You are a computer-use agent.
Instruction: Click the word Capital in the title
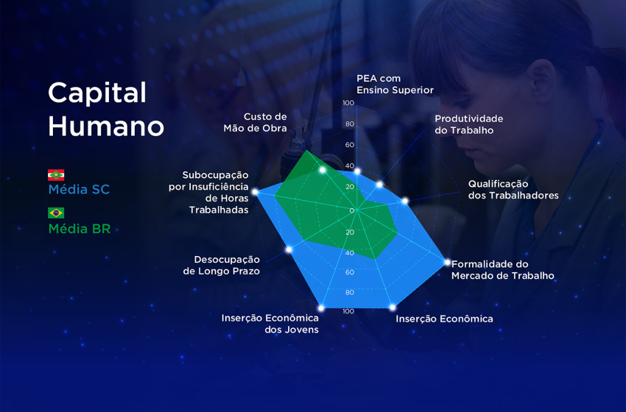tap(97, 93)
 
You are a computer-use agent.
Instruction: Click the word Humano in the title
tap(106, 126)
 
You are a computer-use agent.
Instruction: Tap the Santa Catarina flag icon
tap(56, 175)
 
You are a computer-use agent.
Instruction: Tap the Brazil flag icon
tap(56, 213)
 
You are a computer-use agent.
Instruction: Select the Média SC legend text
tap(79, 190)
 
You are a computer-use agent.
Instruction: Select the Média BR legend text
tap(80, 229)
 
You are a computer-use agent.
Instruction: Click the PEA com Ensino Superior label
tap(395, 84)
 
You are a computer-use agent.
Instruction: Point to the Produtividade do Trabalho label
tap(468, 124)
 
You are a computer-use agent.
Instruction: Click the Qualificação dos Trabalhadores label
tap(513, 190)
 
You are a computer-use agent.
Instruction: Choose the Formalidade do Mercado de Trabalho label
tap(502, 270)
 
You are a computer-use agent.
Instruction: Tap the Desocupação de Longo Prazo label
tap(222, 265)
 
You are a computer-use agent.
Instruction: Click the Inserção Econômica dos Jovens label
tap(270, 324)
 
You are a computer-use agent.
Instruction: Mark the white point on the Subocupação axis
tap(256, 192)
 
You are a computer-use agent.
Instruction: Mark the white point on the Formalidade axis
tap(447, 262)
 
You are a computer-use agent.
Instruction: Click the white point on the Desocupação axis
tap(289, 249)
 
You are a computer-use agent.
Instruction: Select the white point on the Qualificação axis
tap(404, 201)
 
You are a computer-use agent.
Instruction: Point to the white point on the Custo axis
tap(323, 170)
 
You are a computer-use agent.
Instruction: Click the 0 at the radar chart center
tap(352, 210)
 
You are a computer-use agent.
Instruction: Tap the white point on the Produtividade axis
tap(380, 185)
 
